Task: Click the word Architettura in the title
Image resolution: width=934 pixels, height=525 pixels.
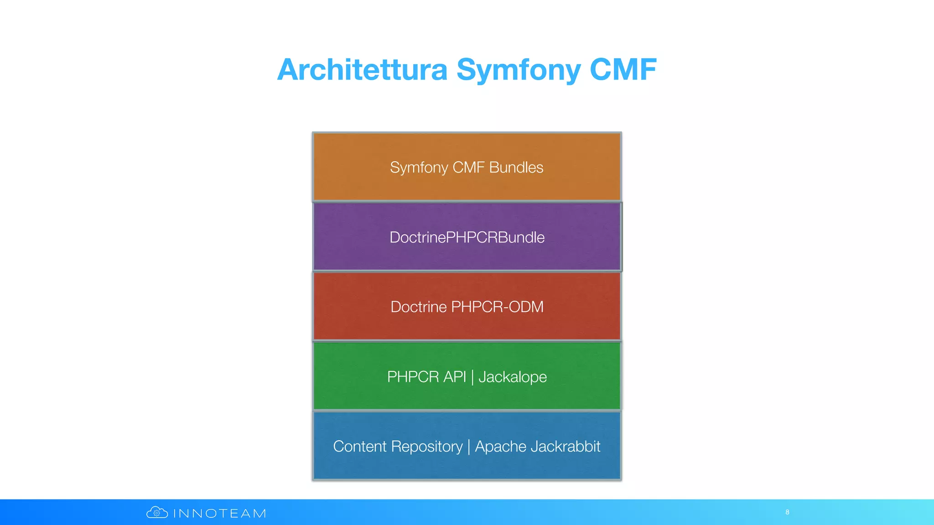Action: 362,70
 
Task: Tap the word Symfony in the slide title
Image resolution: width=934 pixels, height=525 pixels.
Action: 519,71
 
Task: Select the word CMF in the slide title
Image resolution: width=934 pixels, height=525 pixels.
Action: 623,70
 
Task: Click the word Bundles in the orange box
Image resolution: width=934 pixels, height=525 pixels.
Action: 516,167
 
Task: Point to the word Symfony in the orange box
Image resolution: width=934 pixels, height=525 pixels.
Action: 419,168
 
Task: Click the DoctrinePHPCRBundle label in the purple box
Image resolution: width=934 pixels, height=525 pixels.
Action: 467,237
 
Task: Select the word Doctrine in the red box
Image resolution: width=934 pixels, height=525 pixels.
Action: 418,307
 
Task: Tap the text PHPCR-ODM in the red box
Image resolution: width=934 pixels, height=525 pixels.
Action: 497,307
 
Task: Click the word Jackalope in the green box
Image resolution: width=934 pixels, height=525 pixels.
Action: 513,377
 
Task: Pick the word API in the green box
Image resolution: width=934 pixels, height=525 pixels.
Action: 455,377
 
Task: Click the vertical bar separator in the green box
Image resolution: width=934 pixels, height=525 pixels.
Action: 472,377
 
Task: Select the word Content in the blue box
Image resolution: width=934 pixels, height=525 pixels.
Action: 359,446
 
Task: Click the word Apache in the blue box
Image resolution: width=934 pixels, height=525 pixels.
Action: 501,447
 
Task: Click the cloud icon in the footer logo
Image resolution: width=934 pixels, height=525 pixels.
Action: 157,513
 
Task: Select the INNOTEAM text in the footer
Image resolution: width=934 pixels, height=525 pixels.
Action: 220,514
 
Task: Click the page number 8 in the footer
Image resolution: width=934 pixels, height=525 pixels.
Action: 787,512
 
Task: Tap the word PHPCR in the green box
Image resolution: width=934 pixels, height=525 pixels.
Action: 413,377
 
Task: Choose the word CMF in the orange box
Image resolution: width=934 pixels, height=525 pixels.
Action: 468,167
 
